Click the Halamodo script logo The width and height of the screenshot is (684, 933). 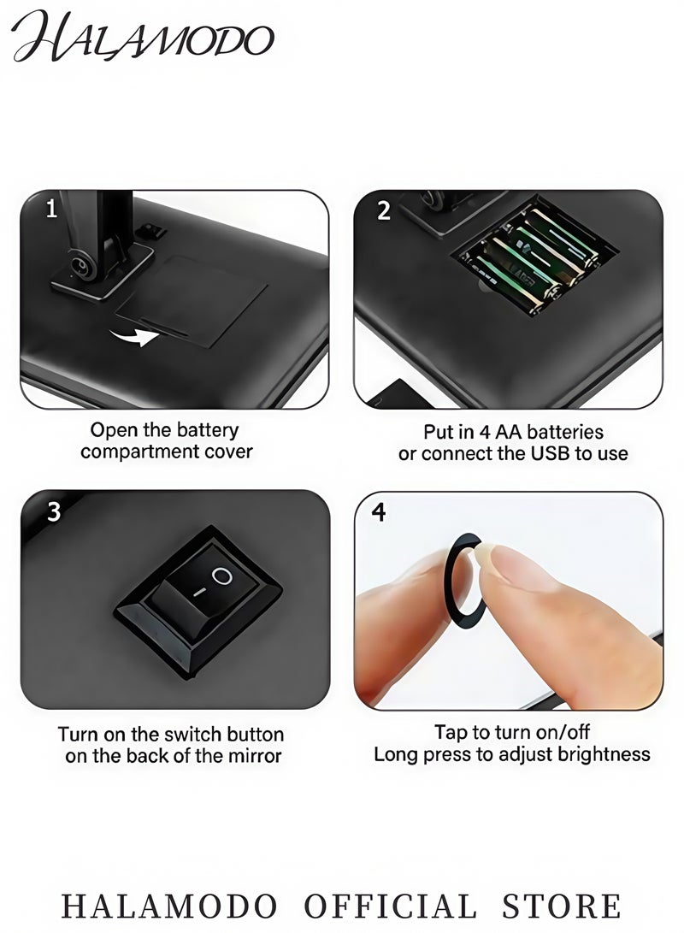pyautogui.click(x=142, y=36)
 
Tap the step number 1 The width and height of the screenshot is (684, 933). pyautogui.click(x=52, y=209)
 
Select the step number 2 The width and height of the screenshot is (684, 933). pyautogui.click(x=384, y=210)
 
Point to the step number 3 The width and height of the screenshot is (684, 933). pyautogui.click(x=54, y=511)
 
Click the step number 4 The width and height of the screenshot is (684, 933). pyautogui.click(x=378, y=511)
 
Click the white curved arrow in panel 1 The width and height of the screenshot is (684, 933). pyautogui.click(x=134, y=337)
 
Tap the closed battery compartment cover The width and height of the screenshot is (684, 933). pyautogui.click(x=192, y=301)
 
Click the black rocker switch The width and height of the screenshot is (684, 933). pyautogui.click(x=198, y=601)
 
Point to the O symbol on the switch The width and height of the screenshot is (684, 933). pyautogui.click(x=221, y=576)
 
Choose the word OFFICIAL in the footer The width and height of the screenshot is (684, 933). pyautogui.click(x=390, y=906)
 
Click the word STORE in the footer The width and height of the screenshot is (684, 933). pyautogui.click(x=562, y=906)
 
